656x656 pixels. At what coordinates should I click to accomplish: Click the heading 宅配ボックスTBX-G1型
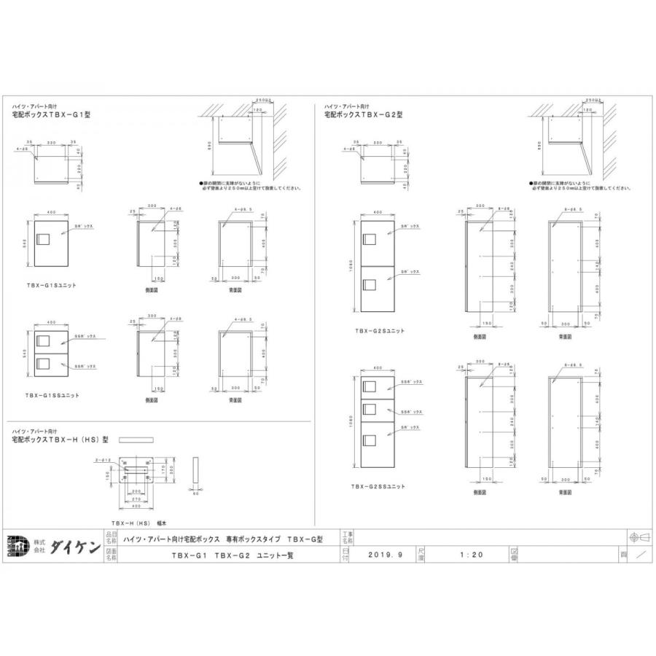click(55, 115)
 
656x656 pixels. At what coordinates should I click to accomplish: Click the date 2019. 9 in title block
click(386, 555)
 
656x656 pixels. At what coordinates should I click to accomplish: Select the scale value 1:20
click(470, 555)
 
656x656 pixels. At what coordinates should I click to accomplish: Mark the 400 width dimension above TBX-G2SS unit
click(378, 368)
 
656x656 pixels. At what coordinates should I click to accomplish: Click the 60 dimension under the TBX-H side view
click(195, 493)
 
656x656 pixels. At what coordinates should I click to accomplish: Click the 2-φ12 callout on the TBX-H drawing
click(101, 461)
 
